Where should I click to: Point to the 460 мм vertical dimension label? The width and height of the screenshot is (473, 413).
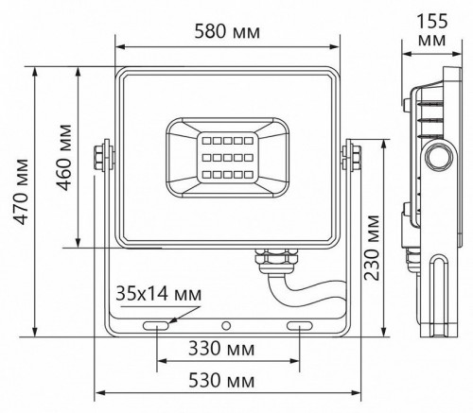(x=64, y=157)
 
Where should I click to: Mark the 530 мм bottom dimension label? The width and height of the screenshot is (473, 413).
(x=227, y=381)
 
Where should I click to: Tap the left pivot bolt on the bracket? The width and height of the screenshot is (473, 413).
(x=101, y=157)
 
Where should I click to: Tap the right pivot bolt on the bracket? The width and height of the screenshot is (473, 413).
(x=352, y=157)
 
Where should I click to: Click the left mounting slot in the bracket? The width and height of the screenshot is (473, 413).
(x=155, y=325)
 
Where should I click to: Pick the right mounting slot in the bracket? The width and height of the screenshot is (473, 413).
(x=300, y=325)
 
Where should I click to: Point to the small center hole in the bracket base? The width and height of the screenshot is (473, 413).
(x=227, y=325)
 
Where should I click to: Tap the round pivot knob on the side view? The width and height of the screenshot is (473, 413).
(x=437, y=157)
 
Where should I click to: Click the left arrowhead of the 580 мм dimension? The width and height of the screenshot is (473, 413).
(x=119, y=45)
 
